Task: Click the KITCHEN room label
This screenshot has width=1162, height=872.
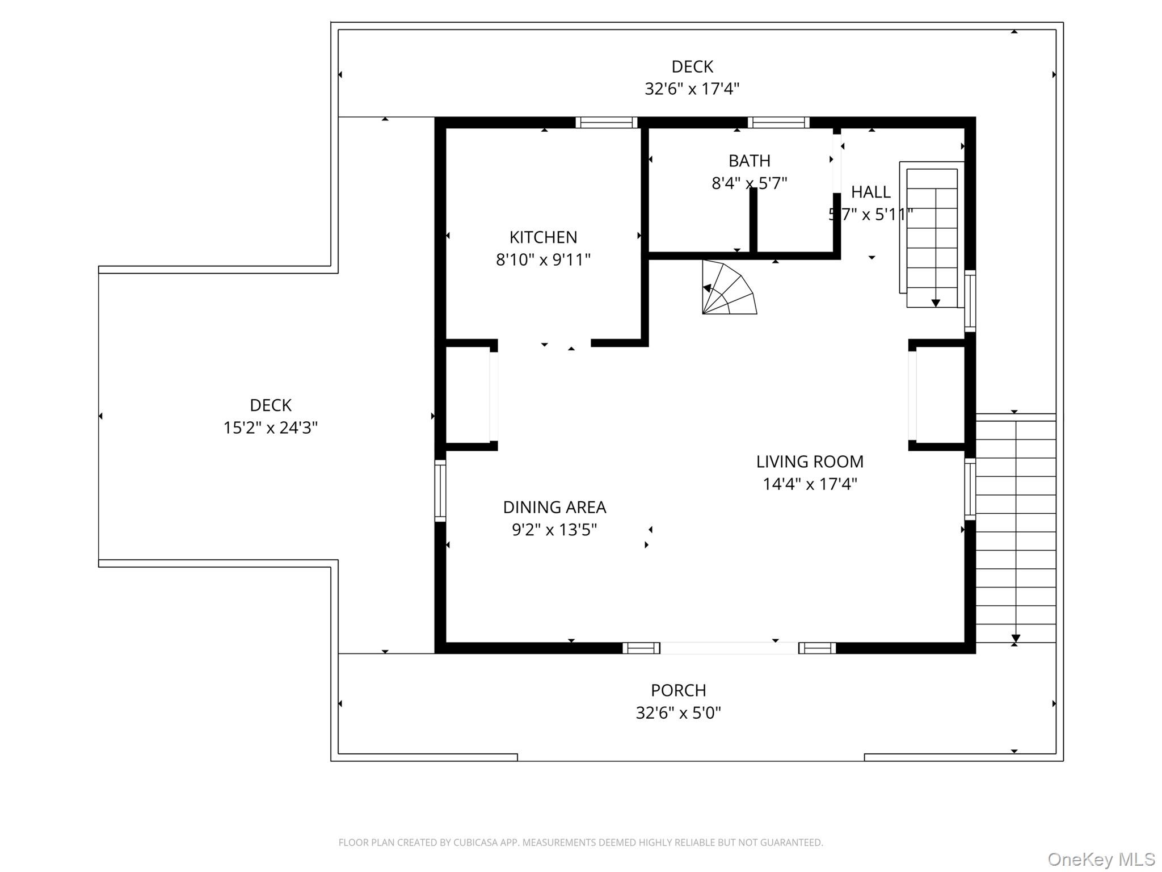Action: [543, 237]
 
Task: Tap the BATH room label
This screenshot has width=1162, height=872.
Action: [749, 161]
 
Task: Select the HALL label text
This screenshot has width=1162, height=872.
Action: [870, 192]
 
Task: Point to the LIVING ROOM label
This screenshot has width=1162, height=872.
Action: [810, 462]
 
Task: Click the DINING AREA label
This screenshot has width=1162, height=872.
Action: [554, 507]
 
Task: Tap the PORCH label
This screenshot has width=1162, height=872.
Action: [678, 690]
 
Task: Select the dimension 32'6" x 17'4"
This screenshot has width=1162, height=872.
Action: [692, 89]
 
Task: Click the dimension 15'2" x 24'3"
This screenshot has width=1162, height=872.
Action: [270, 427]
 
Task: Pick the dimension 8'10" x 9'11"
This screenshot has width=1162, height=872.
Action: [543, 260]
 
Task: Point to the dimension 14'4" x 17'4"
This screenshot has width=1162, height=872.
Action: [810, 484]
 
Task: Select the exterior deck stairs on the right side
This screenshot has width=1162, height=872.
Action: [1015, 531]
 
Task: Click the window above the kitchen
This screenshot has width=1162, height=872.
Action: [606, 123]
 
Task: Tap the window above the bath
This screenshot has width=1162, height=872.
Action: [778, 123]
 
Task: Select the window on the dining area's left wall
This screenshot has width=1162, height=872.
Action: [440, 491]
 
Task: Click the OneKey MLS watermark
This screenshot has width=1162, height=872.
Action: [1101, 859]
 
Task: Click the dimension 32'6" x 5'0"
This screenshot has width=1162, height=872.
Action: [678, 713]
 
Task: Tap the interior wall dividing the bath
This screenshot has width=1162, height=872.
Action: [753, 220]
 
